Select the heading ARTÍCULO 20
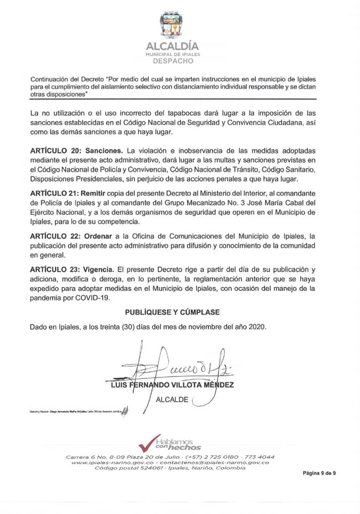(55, 153)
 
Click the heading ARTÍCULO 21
(55, 192)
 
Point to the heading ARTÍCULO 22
(55, 236)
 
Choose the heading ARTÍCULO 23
(55, 270)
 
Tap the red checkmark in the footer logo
(146, 443)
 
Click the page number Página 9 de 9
(319, 473)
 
